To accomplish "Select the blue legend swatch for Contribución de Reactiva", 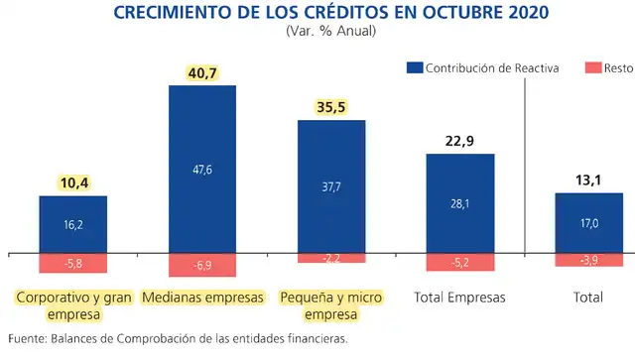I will [414, 67].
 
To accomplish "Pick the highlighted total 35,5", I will [331, 106].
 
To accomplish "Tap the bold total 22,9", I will [459, 140].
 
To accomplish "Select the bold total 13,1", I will [588, 179].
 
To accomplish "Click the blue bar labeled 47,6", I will [202, 169].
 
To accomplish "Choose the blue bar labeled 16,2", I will [73, 224].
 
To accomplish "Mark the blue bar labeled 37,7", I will [331, 186].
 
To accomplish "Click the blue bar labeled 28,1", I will [459, 203].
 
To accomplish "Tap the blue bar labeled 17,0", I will [588, 223].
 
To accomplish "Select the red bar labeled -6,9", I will [202, 265].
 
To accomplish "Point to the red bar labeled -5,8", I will [73, 263].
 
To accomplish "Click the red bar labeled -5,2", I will [459, 262].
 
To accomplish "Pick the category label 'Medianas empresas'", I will [202, 298].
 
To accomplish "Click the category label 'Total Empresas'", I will [459, 298].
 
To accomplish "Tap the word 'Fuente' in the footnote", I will [27, 339].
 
